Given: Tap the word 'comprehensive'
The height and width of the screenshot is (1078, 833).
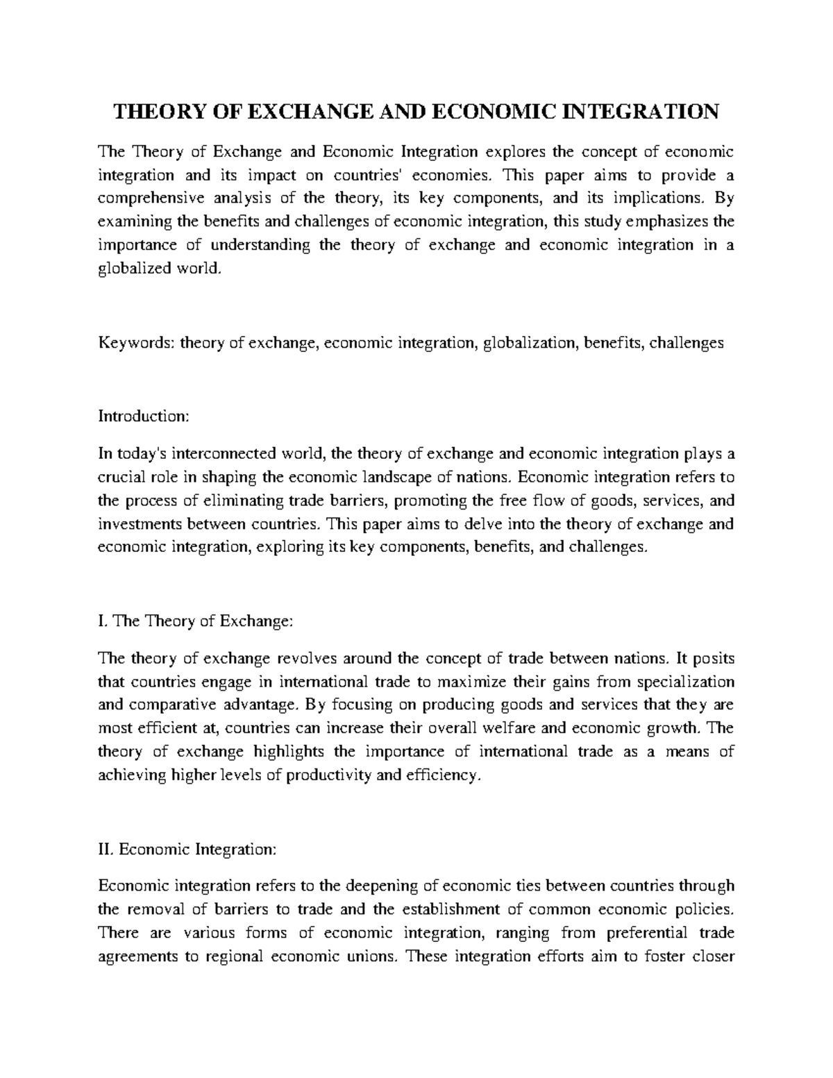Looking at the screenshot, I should (151, 199).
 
